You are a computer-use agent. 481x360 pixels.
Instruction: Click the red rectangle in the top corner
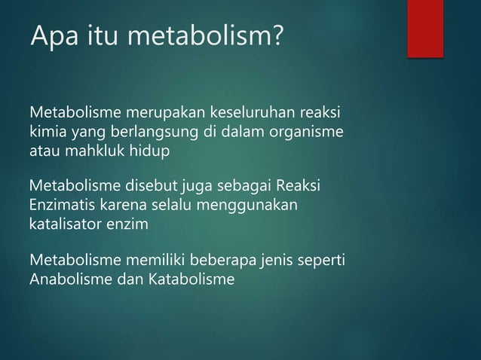pyautogui.click(x=424, y=28)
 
